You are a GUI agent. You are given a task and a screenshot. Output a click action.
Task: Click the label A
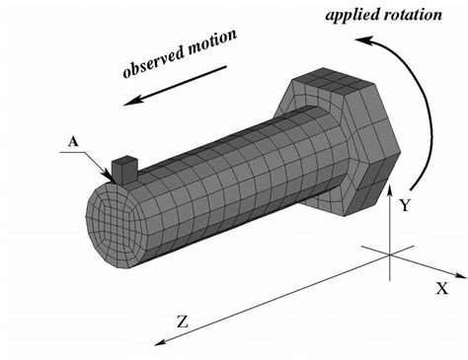[72, 142]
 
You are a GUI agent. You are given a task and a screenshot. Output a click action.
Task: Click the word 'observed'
[159, 60]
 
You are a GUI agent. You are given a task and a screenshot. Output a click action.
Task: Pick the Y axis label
[405, 205]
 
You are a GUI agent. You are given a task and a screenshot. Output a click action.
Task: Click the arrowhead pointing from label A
[110, 175]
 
